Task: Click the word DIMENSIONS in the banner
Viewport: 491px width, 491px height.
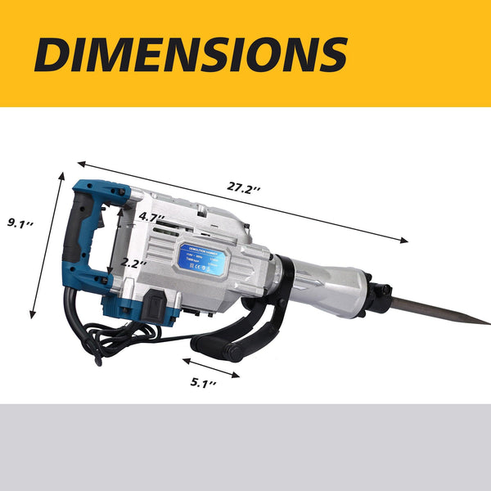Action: (x=191, y=54)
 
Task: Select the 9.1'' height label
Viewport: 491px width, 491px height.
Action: (x=19, y=221)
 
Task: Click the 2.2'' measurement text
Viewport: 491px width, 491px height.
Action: (x=133, y=264)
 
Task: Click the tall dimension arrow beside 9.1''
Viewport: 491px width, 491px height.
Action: (x=47, y=245)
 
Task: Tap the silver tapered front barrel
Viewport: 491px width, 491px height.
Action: (x=327, y=282)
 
